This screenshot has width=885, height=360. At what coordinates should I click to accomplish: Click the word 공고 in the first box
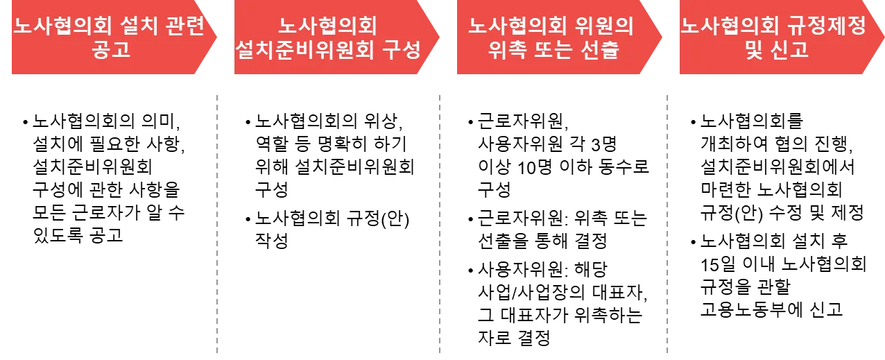tap(110, 51)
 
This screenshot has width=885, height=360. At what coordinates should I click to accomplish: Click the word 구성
tap(402, 51)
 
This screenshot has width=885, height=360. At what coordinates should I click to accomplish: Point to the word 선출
tap(600, 51)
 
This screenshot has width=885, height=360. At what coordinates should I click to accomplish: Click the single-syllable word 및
tap(754, 51)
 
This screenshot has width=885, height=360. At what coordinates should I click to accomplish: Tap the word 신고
tap(791, 51)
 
